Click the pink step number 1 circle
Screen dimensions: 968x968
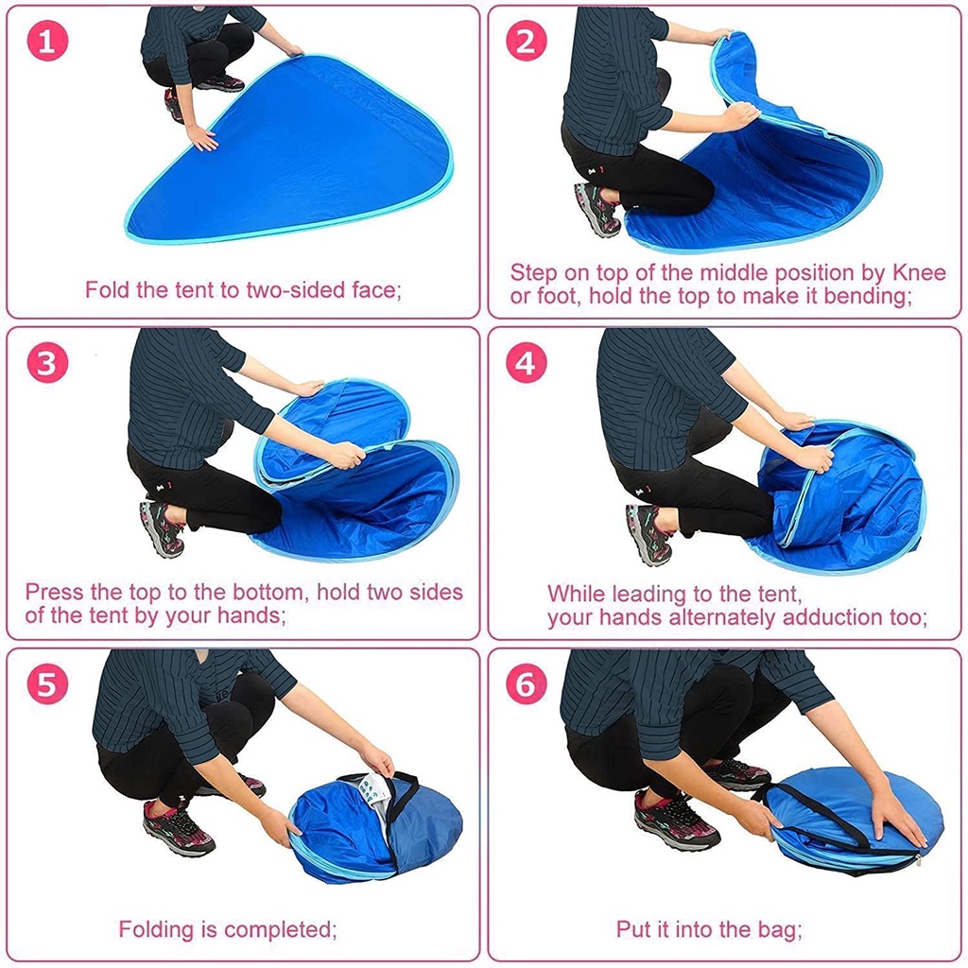(47, 42)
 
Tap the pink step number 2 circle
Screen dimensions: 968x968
(526, 42)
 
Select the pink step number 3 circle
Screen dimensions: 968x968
(47, 363)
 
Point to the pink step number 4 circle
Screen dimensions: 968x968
(526, 363)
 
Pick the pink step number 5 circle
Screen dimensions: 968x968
(47, 684)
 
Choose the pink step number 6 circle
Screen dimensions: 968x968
(526, 684)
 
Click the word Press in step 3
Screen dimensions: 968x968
(54, 592)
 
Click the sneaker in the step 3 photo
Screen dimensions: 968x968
(163, 527)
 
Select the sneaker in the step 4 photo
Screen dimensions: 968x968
(648, 533)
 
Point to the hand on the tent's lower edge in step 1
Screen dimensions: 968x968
(202, 138)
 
